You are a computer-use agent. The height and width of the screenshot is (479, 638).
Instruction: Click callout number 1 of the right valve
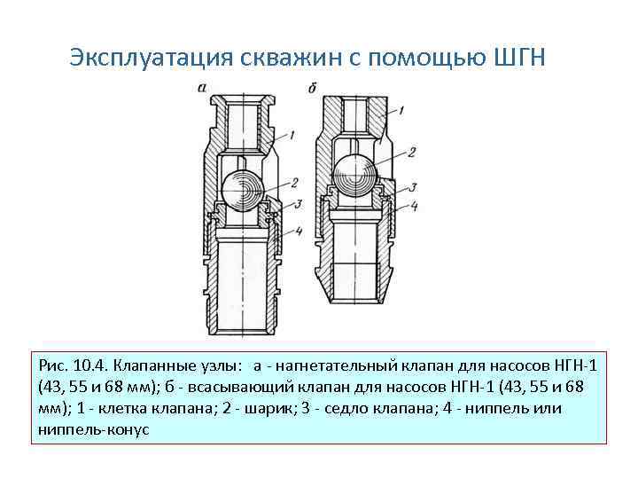[x=401, y=111]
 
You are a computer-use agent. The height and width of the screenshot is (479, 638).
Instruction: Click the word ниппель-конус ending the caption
[x=95, y=429]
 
